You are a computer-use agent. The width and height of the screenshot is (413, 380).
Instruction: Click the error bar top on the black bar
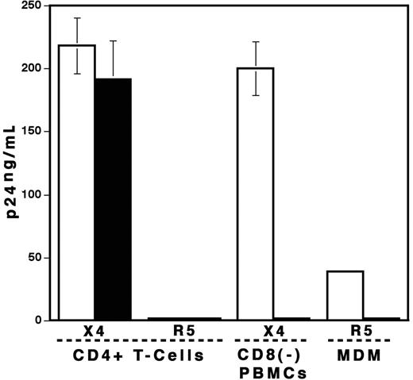click(x=112, y=40)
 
